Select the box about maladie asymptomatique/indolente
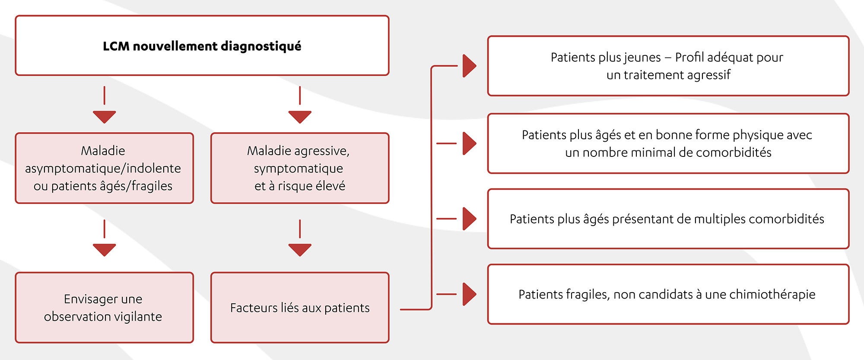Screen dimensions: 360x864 [x=104, y=168]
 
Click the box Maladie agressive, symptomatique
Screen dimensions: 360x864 [x=300, y=168]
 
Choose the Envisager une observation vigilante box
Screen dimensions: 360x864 [x=104, y=307]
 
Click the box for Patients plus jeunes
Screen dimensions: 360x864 [x=668, y=66]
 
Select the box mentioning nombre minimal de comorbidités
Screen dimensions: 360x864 [x=668, y=143]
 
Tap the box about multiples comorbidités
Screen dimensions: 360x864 [x=668, y=219]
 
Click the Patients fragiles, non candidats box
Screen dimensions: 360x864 [x=668, y=294]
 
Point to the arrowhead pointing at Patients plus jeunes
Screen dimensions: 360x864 [x=469, y=66]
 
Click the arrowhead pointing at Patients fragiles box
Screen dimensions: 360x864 [x=469, y=294]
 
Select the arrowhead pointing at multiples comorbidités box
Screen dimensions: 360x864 [x=469, y=219]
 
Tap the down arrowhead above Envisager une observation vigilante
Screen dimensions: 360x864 [x=104, y=249]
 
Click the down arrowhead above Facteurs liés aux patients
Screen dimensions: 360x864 [x=300, y=249]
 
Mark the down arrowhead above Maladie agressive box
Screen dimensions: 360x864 [x=300, y=116]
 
